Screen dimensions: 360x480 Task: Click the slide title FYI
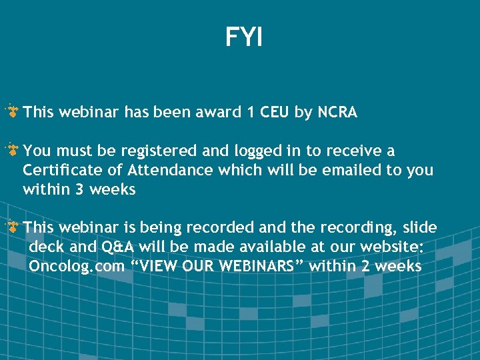244,37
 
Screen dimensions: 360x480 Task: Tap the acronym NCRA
337,113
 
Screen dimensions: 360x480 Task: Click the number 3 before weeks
79,190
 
